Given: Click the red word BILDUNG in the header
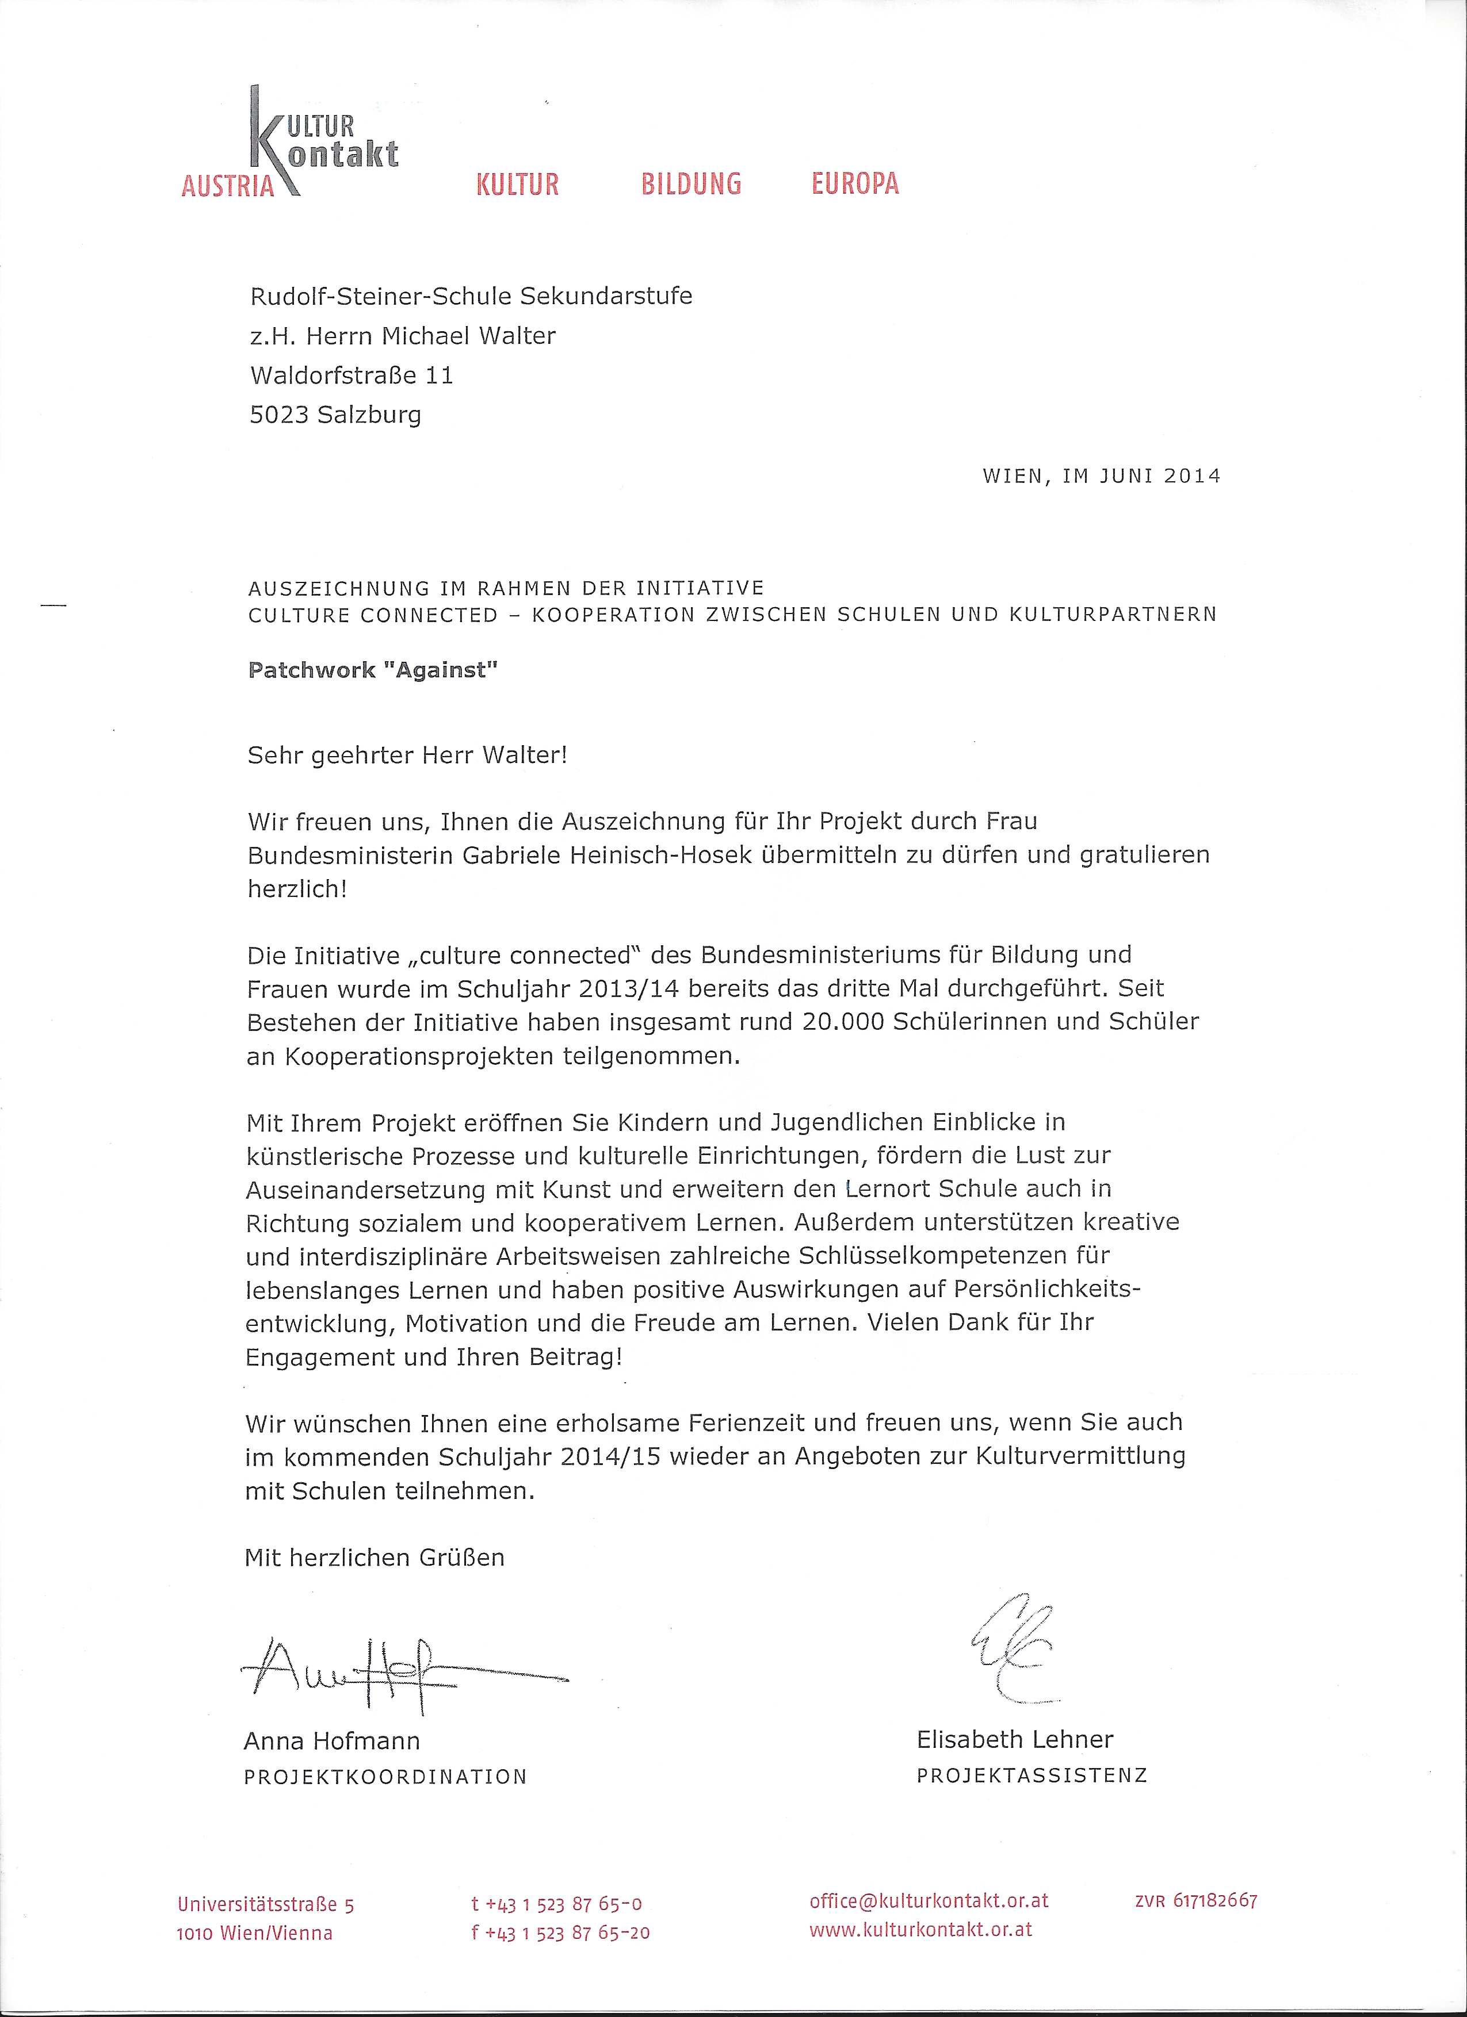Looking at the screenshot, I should coord(692,184).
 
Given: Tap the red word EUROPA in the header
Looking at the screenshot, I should coord(855,184).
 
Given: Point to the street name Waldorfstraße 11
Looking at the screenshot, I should coord(352,375).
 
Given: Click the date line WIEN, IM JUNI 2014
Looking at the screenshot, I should coord(1101,476).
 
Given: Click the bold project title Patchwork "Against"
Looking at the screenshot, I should coord(372,670).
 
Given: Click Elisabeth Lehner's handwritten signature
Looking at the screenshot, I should coord(1015,1647).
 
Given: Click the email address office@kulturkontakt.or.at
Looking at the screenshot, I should coord(929,1897).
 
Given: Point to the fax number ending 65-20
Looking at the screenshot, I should coord(560,1926).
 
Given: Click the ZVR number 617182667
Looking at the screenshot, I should coord(1195,1898).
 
